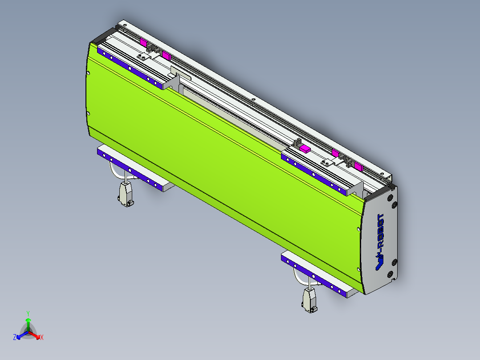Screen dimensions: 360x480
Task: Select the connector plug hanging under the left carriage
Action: (124, 194)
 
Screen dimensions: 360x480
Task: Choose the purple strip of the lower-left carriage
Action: (129, 170)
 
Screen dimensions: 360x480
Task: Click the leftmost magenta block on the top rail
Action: (143, 42)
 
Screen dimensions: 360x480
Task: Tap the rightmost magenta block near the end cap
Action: (358, 167)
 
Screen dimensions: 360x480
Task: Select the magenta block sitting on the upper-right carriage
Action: (305, 149)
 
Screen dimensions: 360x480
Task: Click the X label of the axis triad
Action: (42, 338)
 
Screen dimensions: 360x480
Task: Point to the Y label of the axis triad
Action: (28, 313)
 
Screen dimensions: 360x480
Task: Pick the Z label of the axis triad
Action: (15, 337)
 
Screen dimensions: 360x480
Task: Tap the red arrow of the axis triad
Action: (36, 335)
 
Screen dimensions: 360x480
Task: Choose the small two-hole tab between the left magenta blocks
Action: (143, 57)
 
